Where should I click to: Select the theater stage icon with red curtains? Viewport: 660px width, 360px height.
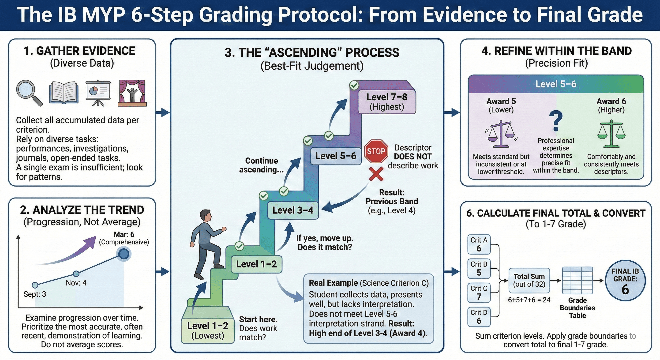coord(132,93)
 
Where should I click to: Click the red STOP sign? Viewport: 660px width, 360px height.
coord(376,151)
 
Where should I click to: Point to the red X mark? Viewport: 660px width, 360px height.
coord(376,174)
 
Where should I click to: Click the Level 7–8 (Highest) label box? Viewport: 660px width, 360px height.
coord(387,102)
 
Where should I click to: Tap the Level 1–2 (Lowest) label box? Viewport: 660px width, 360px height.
coord(207,330)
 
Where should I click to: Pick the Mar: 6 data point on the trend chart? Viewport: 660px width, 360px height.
coord(124,254)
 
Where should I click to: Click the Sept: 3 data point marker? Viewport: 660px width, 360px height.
coord(35,285)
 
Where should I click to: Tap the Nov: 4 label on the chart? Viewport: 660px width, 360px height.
coord(76,283)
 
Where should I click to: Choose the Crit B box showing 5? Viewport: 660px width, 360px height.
coord(479,269)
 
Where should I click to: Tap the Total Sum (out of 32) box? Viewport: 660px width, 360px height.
coord(529,280)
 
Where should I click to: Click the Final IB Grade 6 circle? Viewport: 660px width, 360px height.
coord(625,281)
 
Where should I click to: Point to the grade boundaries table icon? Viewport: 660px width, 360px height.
coord(577,281)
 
